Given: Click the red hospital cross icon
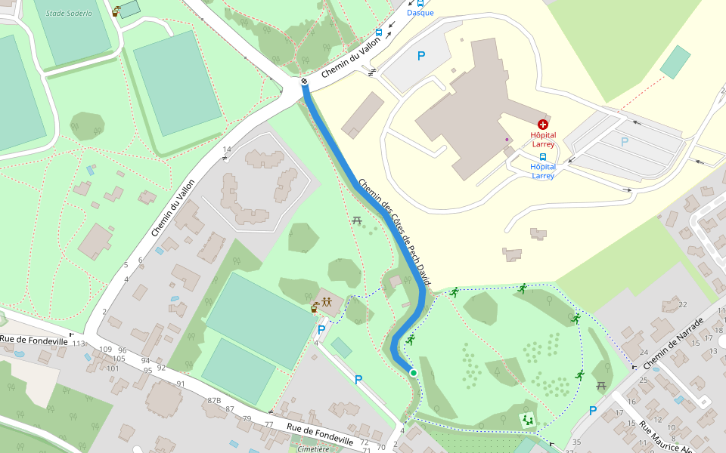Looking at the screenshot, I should (x=542, y=124).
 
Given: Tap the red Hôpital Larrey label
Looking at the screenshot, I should (x=543, y=140).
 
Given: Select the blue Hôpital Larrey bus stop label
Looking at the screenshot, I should (x=543, y=171).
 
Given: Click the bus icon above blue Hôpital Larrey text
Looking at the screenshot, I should (x=543, y=156).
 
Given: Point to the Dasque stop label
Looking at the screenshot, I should (x=420, y=13).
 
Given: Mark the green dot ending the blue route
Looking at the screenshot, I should (x=414, y=373).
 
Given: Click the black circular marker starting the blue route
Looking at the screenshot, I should (x=304, y=82).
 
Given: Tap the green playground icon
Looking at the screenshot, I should (x=528, y=419).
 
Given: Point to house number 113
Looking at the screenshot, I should (x=79, y=344).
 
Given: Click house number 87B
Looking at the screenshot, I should (x=214, y=400).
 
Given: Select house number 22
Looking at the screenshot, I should (x=683, y=304).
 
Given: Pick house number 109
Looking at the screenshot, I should (x=105, y=350).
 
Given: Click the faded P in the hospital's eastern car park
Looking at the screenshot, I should (x=625, y=141).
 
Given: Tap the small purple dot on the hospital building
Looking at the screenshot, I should (x=507, y=140).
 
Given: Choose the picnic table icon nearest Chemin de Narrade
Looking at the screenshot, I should (x=601, y=386).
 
